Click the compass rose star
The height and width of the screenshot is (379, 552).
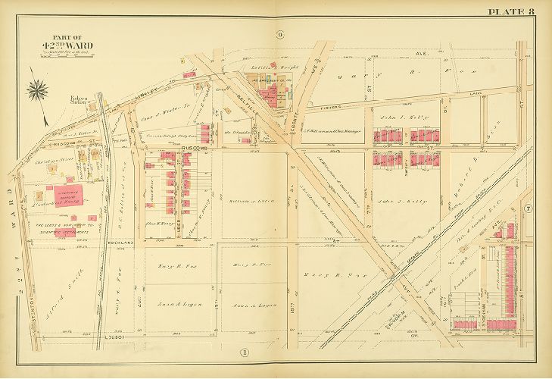coord(36,92)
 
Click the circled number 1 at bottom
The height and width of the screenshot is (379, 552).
coord(245,352)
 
